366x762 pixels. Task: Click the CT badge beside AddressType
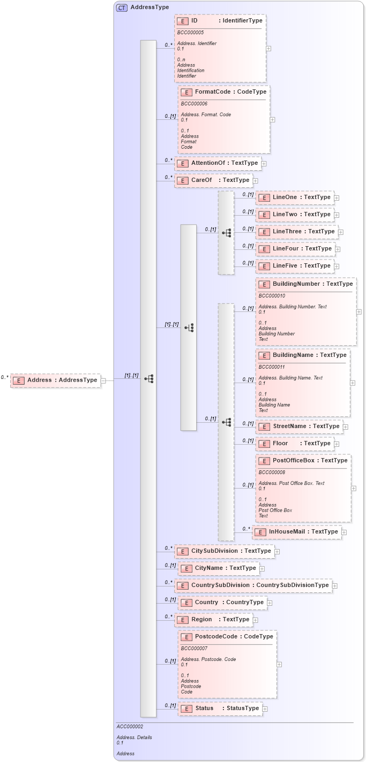coord(122,7)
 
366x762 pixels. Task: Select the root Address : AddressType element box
coord(56,380)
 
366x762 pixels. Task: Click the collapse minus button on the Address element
coord(103,380)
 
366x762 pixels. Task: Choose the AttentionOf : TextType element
coord(218,163)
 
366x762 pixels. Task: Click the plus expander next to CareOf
coord(256,181)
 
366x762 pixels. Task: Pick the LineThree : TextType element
coord(296,232)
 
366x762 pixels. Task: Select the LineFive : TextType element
coord(295,266)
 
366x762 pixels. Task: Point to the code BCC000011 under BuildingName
coord(271,367)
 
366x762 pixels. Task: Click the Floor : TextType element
coord(295,444)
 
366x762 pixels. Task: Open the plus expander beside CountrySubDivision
coord(335,586)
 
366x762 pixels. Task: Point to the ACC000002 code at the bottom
coord(130,727)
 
